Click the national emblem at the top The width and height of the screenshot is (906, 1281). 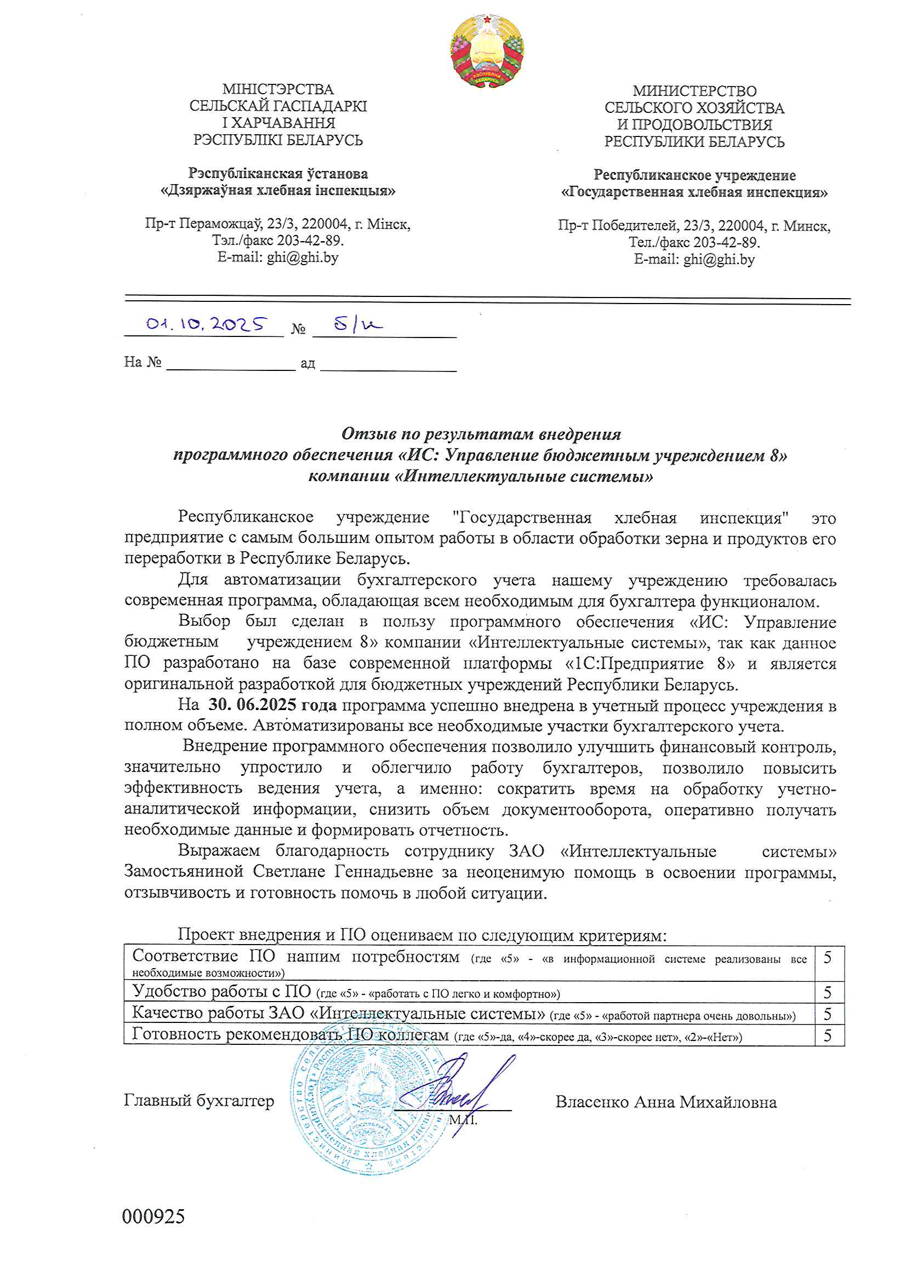pos(487,51)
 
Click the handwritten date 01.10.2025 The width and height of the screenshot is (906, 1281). pos(206,324)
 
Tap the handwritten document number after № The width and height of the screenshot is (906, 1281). pos(358,324)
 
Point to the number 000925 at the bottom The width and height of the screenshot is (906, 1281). pos(153,1216)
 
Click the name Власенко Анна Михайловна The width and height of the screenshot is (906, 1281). pos(665,1102)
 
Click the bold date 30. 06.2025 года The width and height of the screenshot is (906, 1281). pos(272,705)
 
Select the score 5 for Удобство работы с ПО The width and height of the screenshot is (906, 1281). pos(828,993)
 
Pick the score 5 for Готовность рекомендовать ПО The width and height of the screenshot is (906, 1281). pos(828,1036)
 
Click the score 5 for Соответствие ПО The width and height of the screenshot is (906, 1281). pos(828,958)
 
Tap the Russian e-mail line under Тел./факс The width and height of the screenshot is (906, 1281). pos(694,260)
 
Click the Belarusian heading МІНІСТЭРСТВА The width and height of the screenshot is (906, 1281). pos(278,89)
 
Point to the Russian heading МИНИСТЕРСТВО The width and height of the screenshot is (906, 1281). pos(694,91)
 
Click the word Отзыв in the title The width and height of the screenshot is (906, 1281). pos(363,433)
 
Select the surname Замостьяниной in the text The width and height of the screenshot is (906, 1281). pos(184,872)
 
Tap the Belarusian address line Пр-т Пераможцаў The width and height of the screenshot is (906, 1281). pos(278,224)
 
